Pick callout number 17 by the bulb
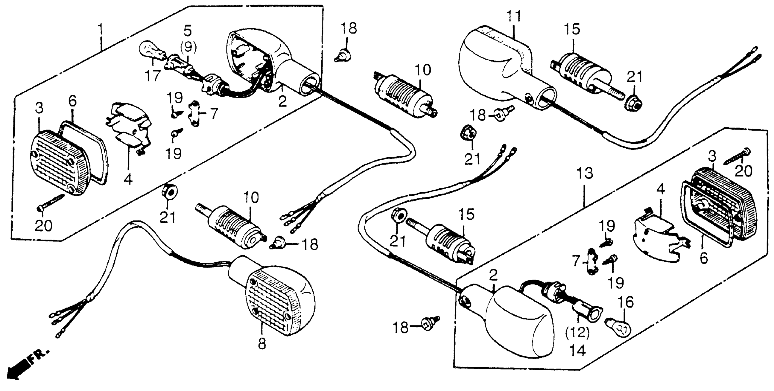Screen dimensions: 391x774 (x=153, y=75)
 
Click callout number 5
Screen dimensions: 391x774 (x=188, y=31)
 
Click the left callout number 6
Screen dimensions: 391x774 (x=73, y=101)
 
